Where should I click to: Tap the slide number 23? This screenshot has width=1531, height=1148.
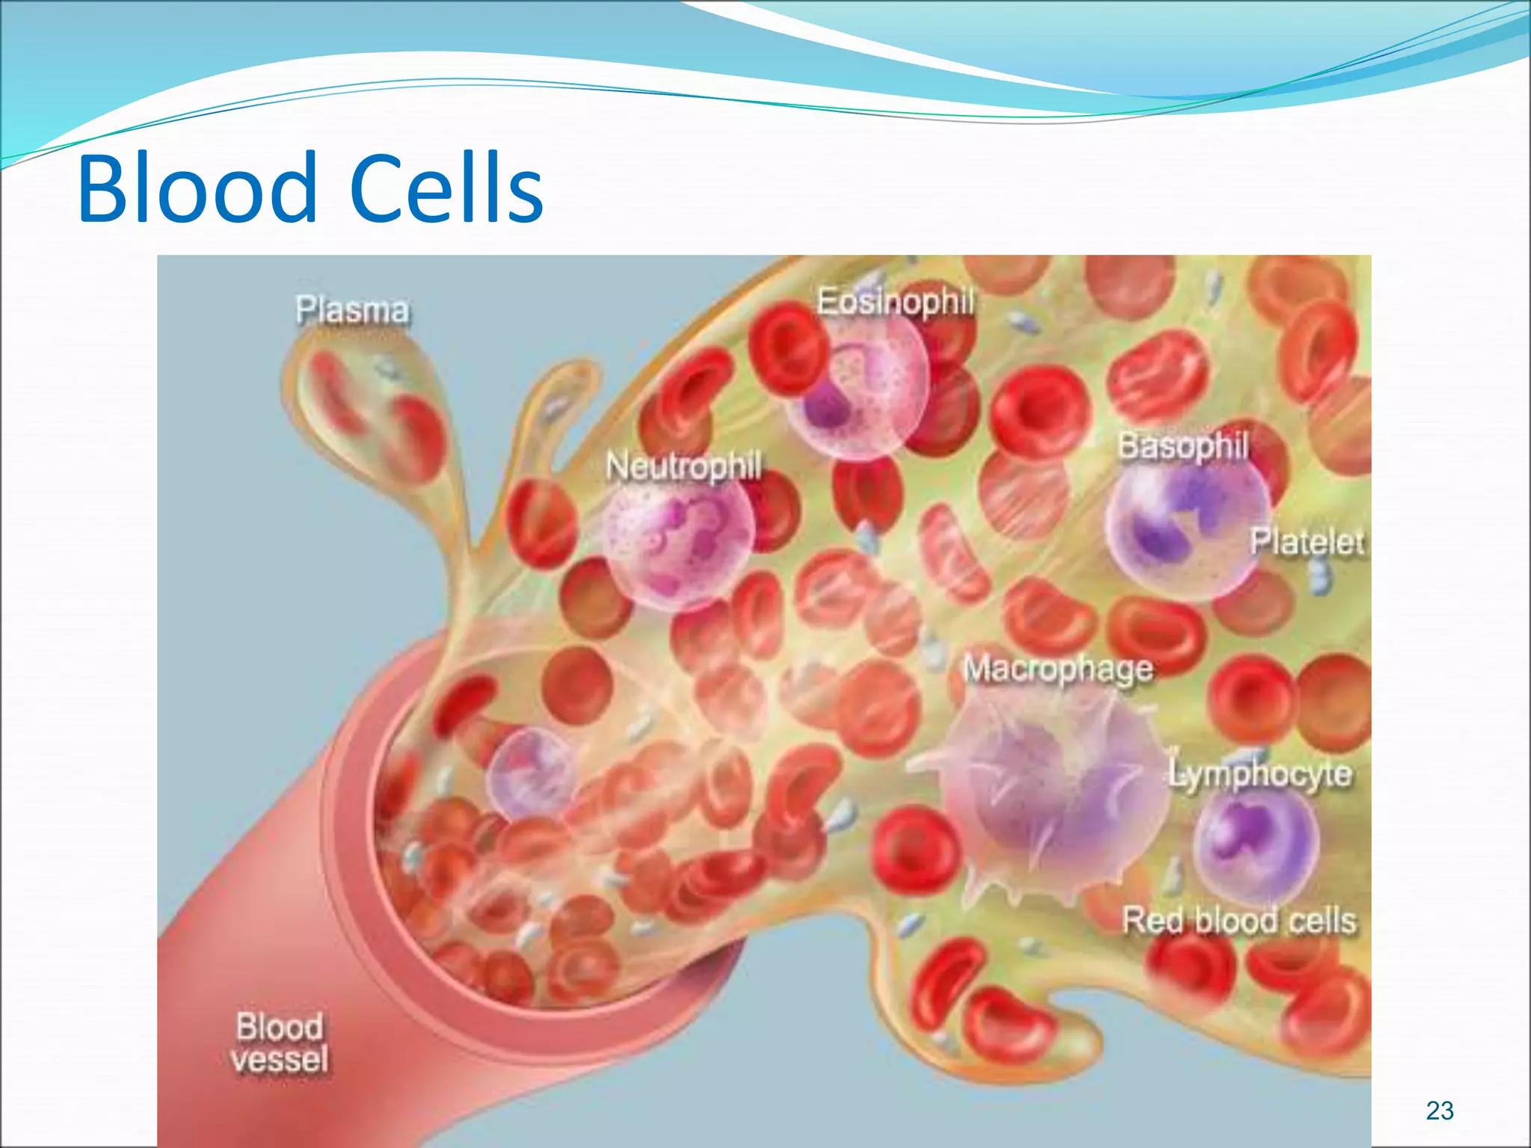(x=1440, y=1111)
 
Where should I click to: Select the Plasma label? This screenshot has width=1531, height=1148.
(x=352, y=310)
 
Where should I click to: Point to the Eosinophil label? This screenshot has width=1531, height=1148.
(x=896, y=302)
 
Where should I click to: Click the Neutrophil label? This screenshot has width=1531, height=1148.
(x=683, y=466)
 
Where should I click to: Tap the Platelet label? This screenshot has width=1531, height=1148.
(x=1307, y=542)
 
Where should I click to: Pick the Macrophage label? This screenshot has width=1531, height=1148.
(x=1059, y=669)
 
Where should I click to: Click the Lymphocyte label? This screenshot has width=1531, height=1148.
(x=1261, y=774)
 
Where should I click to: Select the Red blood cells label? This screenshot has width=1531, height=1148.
(x=1239, y=920)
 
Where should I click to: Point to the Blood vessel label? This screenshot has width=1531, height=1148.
(x=280, y=1043)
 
